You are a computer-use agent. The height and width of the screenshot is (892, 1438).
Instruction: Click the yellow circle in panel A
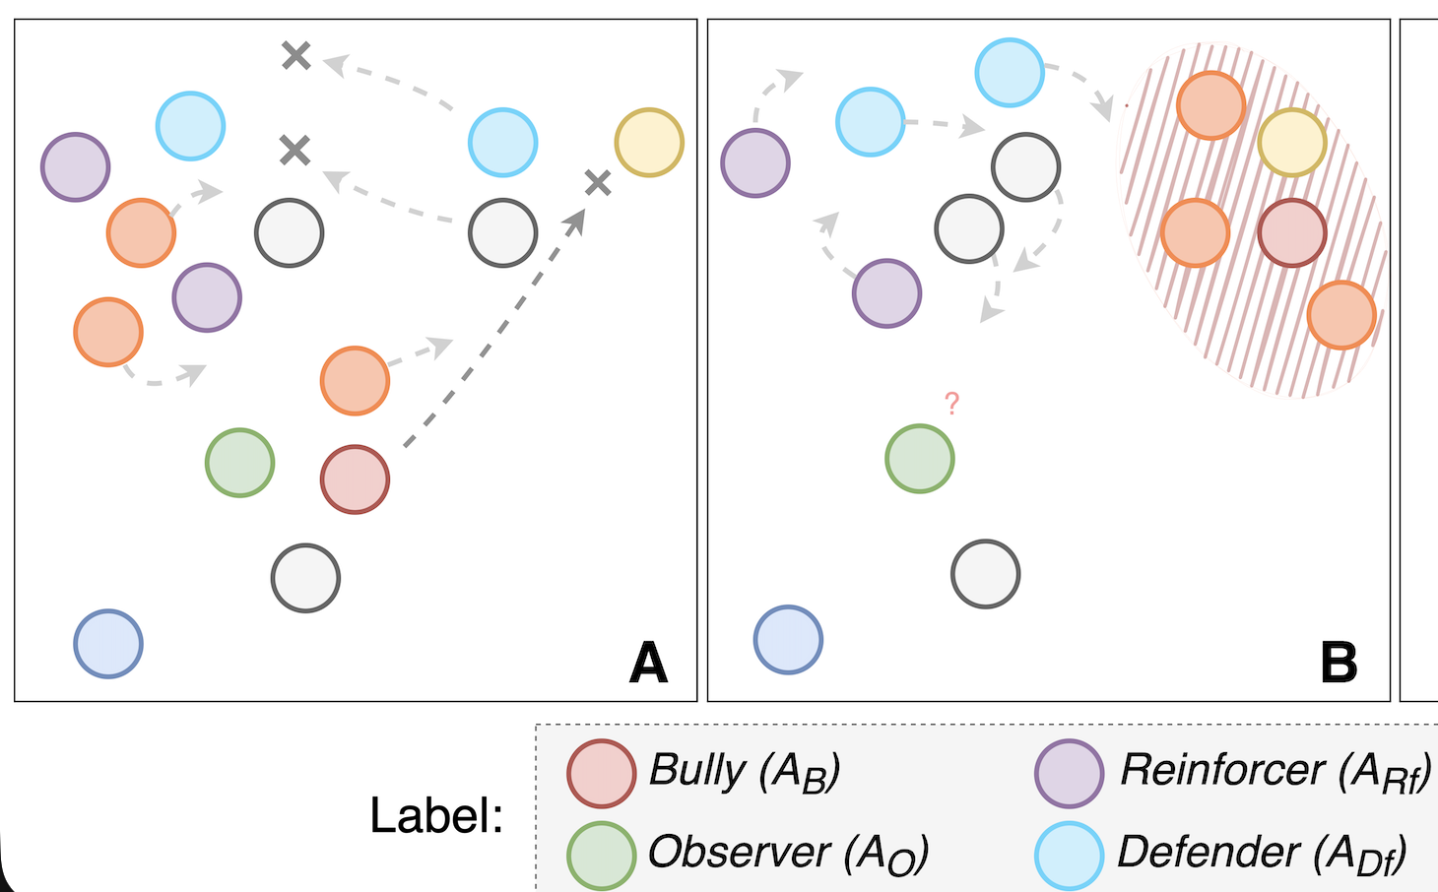coord(649,143)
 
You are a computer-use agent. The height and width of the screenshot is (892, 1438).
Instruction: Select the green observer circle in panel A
coord(239,462)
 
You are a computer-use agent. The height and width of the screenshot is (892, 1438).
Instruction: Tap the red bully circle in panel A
coord(355,479)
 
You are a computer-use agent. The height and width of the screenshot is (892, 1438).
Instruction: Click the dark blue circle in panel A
coord(108,644)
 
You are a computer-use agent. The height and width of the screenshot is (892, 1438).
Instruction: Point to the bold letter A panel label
coord(648,663)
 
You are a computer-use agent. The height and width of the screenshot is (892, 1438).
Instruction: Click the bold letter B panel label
coord(1339,663)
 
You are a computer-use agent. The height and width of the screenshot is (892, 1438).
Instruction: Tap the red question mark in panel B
coord(951,403)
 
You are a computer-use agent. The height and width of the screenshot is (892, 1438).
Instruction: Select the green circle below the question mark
coord(919,459)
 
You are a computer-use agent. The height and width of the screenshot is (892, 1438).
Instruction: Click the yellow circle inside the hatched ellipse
coord(1292,143)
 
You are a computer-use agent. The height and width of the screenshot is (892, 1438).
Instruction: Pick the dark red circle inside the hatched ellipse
coord(1292,233)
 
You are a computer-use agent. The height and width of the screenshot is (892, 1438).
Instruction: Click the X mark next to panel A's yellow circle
coord(598,182)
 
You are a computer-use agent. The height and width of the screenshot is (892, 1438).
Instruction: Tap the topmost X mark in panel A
coord(295,55)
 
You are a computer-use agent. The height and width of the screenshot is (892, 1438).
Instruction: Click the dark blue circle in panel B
coord(788,640)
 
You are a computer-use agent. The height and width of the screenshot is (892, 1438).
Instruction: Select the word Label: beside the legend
coord(436,815)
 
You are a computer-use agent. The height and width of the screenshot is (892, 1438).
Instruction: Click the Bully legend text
coord(745,771)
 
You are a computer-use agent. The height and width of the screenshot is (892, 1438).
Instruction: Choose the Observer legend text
coord(788,853)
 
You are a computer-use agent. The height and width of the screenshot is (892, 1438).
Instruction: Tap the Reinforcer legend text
coord(1275,771)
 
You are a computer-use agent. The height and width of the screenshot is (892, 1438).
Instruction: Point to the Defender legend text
coord(1262,853)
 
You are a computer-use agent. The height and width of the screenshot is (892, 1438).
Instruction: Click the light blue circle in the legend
coord(1069,856)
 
